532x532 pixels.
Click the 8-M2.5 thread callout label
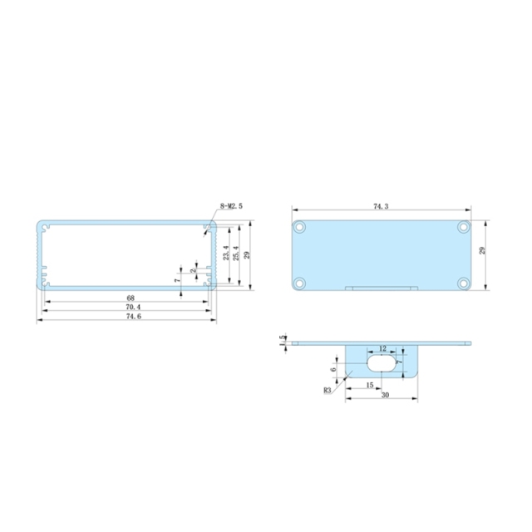(x=230, y=206)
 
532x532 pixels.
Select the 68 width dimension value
(x=131, y=298)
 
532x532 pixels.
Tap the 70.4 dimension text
(x=131, y=307)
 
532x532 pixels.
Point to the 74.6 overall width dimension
(x=131, y=317)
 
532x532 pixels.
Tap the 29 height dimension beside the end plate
(x=483, y=250)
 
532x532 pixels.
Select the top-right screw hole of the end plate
(x=462, y=226)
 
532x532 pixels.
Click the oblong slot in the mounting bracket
(x=382, y=364)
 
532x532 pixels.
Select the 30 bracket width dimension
(x=385, y=396)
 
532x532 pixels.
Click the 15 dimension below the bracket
(x=368, y=384)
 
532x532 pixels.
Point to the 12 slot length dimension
(x=382, y=349)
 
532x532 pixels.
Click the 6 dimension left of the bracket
(x=333, y=369)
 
